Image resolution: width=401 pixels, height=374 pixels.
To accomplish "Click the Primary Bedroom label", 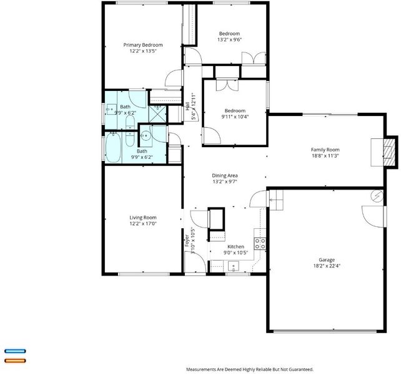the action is (143, 45).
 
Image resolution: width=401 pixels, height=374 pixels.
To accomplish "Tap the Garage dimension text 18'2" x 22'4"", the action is (327, 266).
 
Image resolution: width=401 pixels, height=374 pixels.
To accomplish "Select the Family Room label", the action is (325, 150).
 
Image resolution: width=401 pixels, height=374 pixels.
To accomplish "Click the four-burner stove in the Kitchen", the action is (260, 244).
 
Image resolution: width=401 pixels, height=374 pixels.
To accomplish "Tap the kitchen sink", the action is (233, 266).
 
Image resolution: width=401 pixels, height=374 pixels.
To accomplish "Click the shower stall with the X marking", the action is (157, 114).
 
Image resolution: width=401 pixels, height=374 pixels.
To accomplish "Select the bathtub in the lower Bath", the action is (113, 147).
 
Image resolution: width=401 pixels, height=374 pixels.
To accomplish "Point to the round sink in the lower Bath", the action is (146, 136).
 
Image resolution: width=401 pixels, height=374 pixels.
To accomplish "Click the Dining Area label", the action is (225, 176).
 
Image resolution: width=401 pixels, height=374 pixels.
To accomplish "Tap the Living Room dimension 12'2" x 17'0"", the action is (143, 224).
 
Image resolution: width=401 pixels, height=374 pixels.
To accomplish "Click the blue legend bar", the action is (16, 352).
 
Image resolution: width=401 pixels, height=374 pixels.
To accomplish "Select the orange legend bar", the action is (16, 361).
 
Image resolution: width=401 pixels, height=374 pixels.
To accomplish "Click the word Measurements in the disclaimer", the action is (200, 370).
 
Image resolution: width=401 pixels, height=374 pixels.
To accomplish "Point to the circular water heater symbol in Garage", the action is (377, 196).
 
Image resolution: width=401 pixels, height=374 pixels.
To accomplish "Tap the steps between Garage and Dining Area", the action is (276, 200).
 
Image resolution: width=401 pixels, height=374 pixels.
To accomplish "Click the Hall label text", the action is (187, 107).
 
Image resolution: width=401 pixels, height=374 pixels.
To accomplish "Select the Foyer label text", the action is (187, 241).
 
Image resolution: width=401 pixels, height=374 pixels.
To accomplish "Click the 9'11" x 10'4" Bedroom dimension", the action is (235, 117).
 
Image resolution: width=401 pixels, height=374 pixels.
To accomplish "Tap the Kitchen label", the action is (236, 247).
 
